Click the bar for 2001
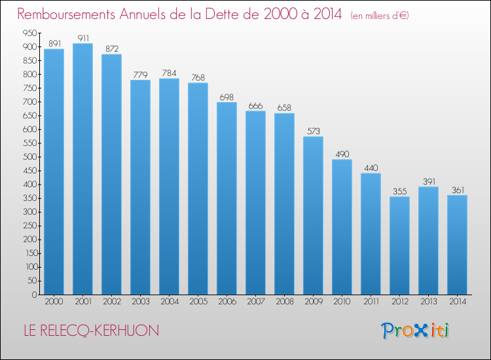(x=82, y=169)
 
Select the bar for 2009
(x=313, y=215)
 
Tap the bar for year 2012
(x=399, y=245)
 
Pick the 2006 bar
(x=227, y=198)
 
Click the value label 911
(x=83, y=38)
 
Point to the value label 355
(x=400, y=191)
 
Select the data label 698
(x=227, y=97)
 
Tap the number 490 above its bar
(x=342, y=154)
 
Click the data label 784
(x=169, y=73)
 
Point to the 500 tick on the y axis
(x=30, y=157)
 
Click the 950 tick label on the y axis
(x=30, y=33)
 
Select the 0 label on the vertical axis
(x=35, y=295)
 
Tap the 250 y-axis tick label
(x=30, y=226)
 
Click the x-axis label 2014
(x=458, y=302)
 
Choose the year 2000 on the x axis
(x=54, y=302)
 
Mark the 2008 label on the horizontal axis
(x=285, y=302)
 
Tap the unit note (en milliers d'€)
(x=380, y=16)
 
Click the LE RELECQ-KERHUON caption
(x=92, y=331)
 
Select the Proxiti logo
(x=415, y=331)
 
